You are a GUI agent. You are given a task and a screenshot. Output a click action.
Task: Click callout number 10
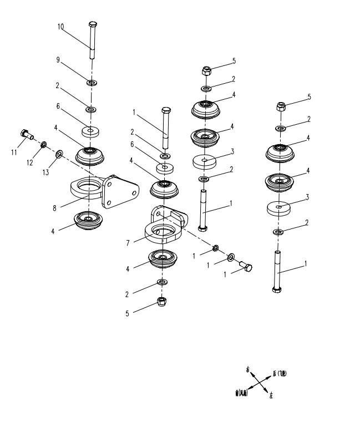tap(60, 26)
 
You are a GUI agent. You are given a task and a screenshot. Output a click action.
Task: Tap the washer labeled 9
tap(92, 83)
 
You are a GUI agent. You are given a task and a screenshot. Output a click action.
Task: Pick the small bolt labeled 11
tap(26, 134)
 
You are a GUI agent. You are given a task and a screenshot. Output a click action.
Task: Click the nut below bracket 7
tap(162, 302)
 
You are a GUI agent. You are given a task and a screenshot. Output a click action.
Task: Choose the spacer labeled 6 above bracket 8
tap(90, 131)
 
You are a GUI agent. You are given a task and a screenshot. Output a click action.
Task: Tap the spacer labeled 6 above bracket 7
tap(164, 168)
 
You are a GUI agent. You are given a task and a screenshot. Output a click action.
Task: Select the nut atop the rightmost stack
tap(280, 105)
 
